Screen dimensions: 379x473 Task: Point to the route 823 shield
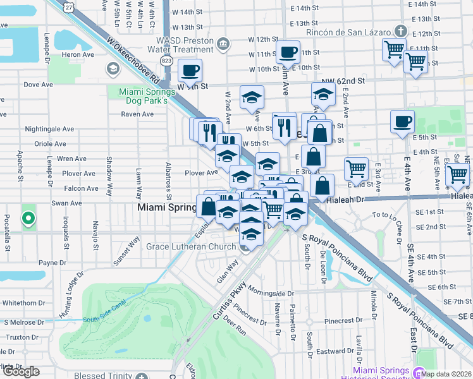(167, 61)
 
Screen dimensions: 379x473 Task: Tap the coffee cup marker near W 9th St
(190, 70)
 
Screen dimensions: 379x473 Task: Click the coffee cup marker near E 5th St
(402, 121)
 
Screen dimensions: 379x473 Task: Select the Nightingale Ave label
(49, 129)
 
